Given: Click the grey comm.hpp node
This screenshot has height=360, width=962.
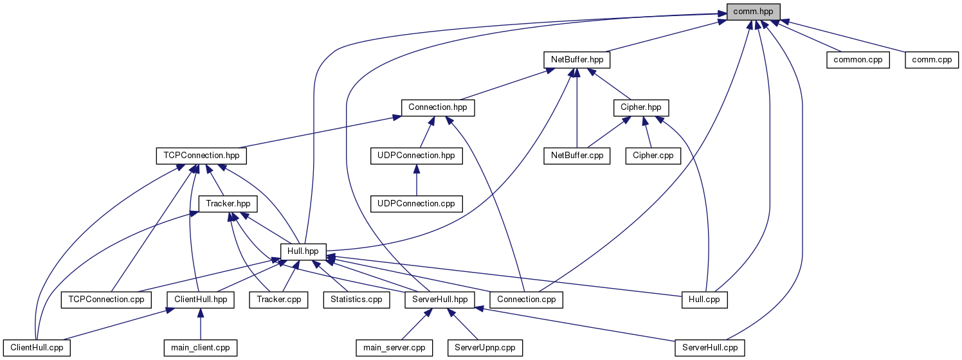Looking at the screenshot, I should pyautogui.click(x=753, y=12).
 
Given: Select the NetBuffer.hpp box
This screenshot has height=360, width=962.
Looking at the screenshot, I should pyautogui.click(x=577, y=60).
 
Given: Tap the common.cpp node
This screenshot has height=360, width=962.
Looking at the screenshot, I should pyautogui.click(x=858, y=60).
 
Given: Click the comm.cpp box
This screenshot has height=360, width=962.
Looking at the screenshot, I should pyautogui.click(x=932, y=60).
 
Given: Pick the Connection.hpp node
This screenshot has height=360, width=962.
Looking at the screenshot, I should pyautogui.click(x=437, y=107).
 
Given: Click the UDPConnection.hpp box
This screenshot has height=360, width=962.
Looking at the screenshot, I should pyautogui.click(x=416, y=156).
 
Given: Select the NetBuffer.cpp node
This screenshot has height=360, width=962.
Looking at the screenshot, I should pyautogui.click(x=577, y=156).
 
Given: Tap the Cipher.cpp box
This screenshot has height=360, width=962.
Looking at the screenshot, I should pyautogui.click(x=653, y=156).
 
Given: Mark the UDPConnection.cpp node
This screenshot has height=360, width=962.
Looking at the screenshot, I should pyautogui.click(x=416, y=204).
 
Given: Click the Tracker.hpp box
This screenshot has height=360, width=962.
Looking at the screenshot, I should pyautogui.click(x=228, y=204).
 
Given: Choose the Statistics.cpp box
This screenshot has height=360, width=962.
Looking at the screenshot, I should pyautogui.click(x=356, y=300).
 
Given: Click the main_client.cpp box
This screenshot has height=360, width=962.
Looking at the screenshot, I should pyautogui.click(x=200, y=348).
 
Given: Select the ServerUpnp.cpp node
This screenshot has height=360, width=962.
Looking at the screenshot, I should pyautogui.click(x=485, y=348).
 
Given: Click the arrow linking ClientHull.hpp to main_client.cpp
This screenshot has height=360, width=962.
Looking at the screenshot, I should pyautogui.click(x=201, y=324).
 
